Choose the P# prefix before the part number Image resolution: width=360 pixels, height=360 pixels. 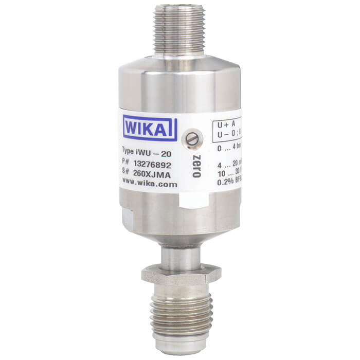(126, 164)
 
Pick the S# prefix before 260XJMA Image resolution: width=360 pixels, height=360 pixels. (126, 173)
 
